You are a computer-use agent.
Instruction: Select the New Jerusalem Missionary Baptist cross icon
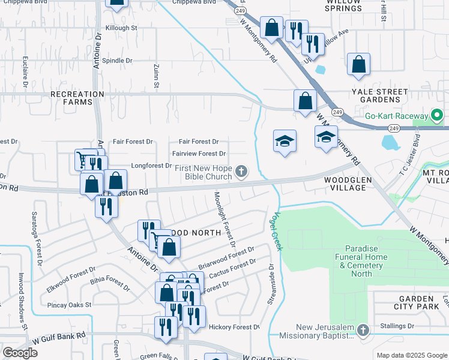pos(362,331)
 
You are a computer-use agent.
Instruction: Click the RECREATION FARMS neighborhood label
pos(77,98)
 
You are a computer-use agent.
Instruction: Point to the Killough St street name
pos(121,28)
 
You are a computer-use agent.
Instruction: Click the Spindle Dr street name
pos(117,61)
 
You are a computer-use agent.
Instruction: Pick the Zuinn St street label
pos(155,77)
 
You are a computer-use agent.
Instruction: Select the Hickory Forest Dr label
pos(234,327)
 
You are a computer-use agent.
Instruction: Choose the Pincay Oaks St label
pos(70,304)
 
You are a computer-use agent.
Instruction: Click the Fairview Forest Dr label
pos(199,154)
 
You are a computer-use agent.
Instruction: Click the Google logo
pos(20,353)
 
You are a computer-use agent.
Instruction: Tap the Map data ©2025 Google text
pos(411,355)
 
